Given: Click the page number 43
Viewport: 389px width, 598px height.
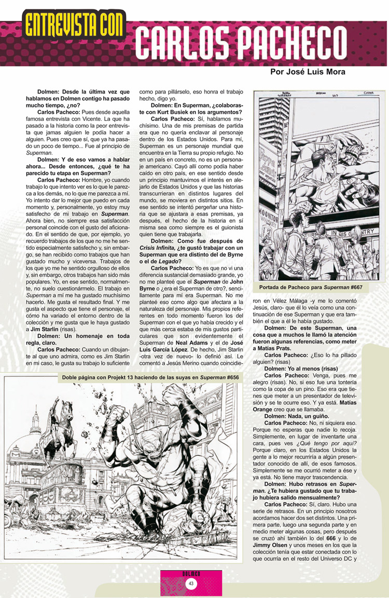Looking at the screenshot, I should coord(191,584).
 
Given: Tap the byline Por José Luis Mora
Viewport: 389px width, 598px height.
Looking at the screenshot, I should coord(308,72).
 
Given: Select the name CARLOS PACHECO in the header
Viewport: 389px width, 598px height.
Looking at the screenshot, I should coord(258,42).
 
